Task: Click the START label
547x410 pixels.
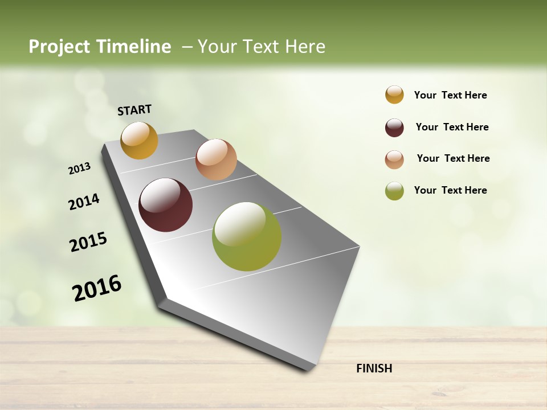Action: (x=134, y=110)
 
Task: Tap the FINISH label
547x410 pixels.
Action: (x=374, y=368)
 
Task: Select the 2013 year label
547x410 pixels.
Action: (x=79, y=169)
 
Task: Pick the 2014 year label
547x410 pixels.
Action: (x=84, y=202)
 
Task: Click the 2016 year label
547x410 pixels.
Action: (x=97, y=288)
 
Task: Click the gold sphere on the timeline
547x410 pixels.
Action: (x=139, y=141)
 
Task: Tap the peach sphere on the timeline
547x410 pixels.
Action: (x=216, y=159)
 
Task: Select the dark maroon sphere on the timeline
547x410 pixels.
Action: (x=165, y=205)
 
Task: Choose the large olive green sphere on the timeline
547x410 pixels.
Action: (x=247, y=236)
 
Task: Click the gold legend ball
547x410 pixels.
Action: (x=394, y=95)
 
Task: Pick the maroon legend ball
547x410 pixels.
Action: (x=394, y=128)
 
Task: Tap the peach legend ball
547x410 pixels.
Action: (x=394, y=159)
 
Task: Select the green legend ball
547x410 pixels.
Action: (x=394, y=191)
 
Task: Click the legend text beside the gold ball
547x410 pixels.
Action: (x=450, y=95)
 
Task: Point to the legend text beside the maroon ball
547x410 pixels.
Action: (x=452, y=127)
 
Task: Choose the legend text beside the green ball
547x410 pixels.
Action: (x=450, y=190)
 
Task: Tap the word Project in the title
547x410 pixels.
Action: (x=58, y=47)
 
